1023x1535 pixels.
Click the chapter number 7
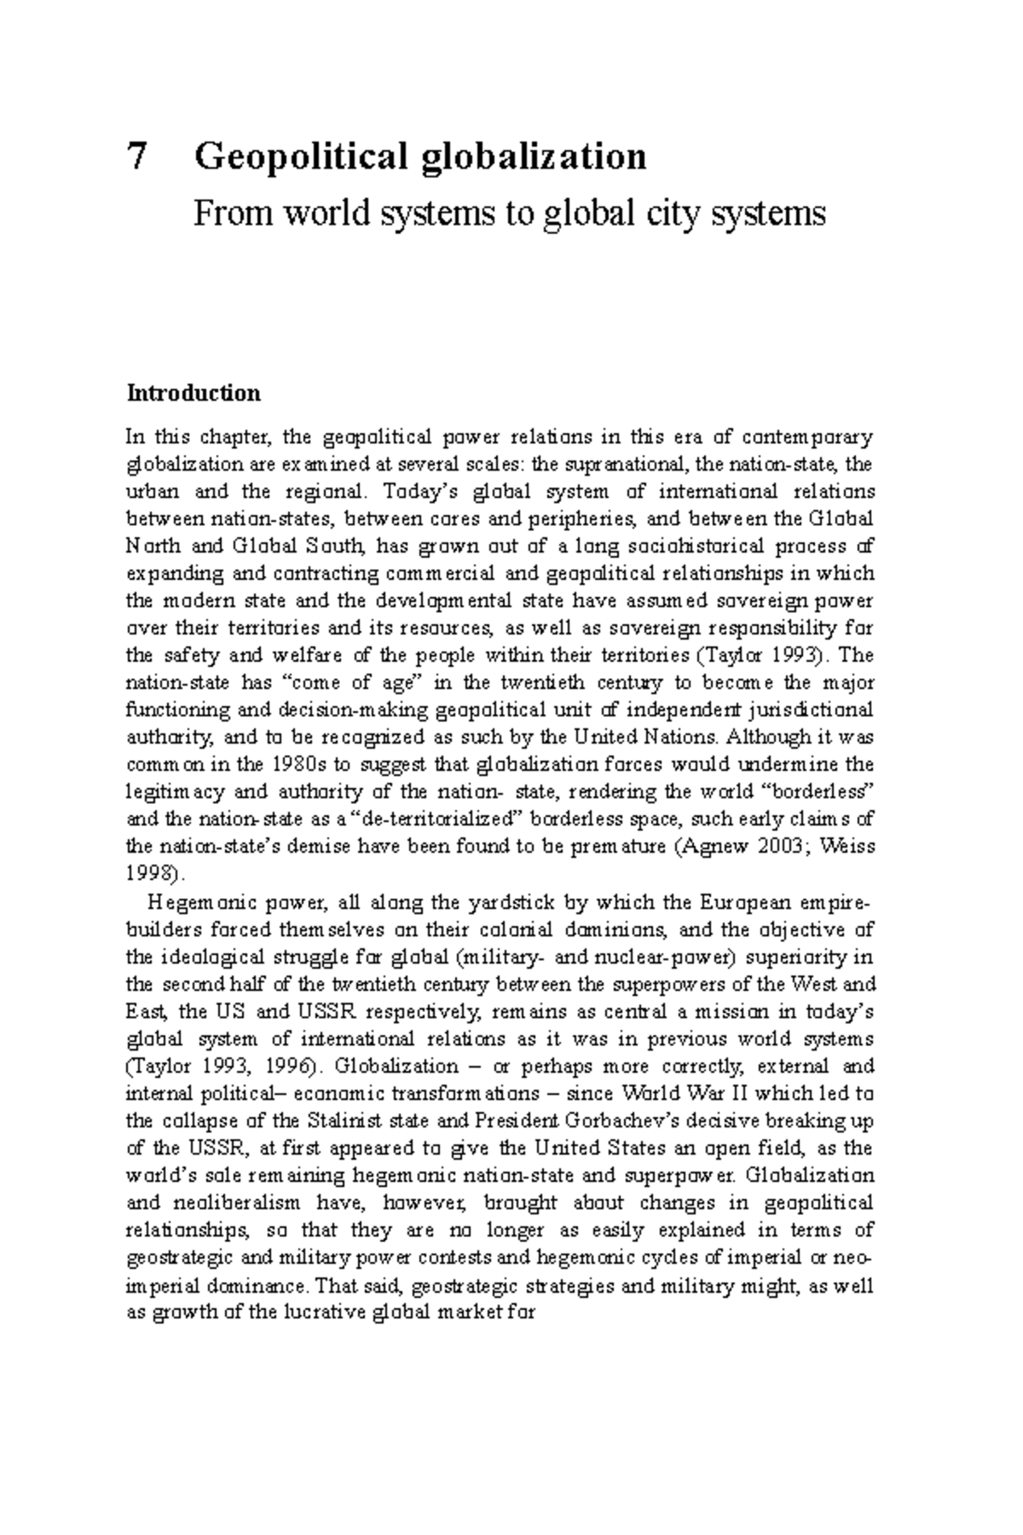tap(136, 157)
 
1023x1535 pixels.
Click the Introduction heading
tap(194, 393)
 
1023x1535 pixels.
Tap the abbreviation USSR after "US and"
tap(329, 1011)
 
